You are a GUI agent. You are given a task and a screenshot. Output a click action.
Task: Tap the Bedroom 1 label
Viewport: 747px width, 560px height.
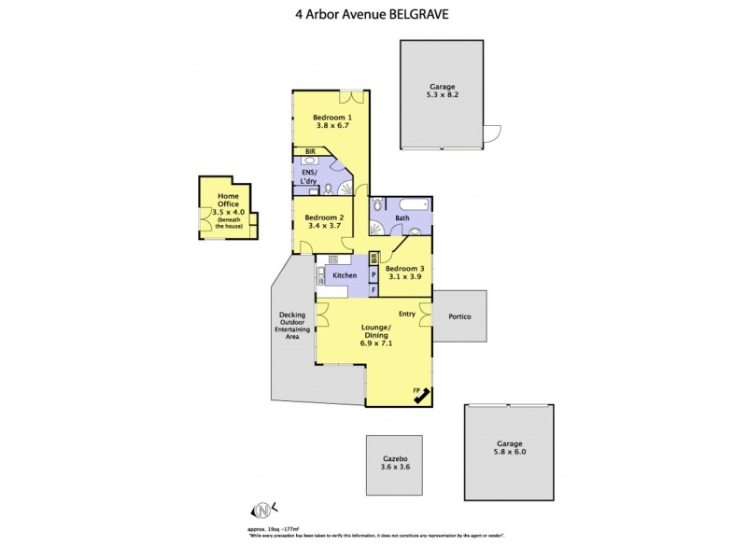tap(331, 120)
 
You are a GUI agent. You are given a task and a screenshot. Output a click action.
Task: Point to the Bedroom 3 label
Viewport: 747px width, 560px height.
tap(404, 272)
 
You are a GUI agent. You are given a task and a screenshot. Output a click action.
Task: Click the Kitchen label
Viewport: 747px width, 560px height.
tap(345, 275)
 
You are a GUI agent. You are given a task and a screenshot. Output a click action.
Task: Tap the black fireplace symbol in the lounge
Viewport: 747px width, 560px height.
tap(422, 396)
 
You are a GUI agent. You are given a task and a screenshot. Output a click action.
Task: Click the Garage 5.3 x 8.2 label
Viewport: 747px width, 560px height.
tap(442, 91)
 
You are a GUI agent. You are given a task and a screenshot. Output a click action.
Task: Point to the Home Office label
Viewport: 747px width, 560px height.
tap(228, 206)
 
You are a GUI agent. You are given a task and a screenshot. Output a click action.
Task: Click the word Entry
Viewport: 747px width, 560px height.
tap(406, 314)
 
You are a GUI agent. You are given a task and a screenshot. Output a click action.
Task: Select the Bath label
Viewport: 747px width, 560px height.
tap(402, 218)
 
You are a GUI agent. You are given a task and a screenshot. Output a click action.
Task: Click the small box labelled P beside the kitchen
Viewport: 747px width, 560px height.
tap(373, 275)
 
